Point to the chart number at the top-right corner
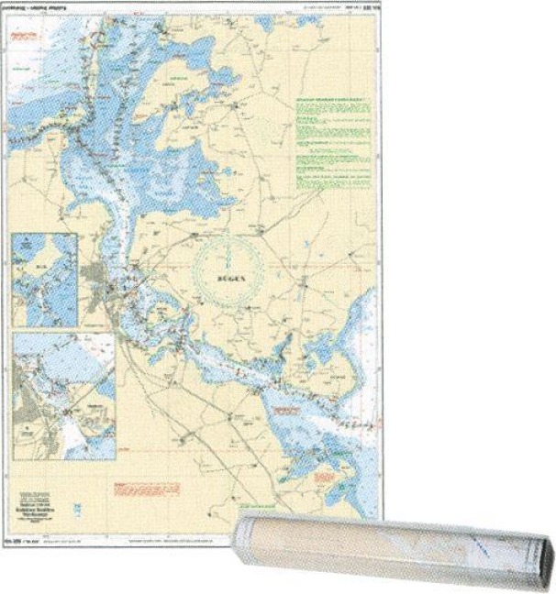coord(368,10)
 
